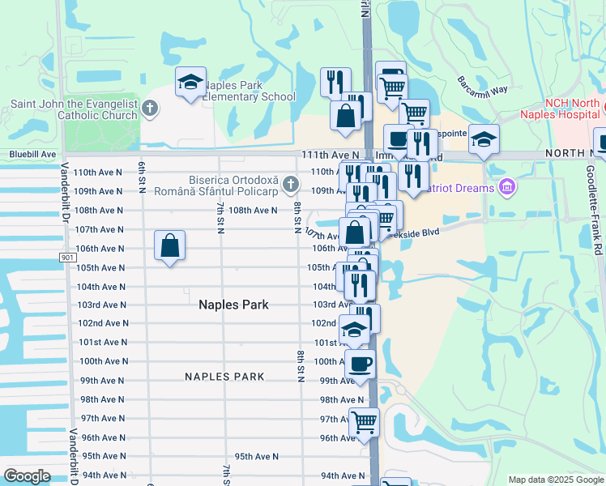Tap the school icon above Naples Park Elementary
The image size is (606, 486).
point(190,82)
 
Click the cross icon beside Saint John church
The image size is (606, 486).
point(149,108)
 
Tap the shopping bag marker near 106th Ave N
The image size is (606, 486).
point(169,245)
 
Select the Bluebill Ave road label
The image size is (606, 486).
point(32,154)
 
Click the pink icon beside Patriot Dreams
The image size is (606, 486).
point(507,188)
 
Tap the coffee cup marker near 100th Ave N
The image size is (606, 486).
point(360,363)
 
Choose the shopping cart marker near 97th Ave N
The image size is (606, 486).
point(364,421)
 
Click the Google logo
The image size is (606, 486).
point(27,476)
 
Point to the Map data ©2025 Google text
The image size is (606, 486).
point(555,480)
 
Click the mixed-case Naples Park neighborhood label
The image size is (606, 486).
point(233,305)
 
